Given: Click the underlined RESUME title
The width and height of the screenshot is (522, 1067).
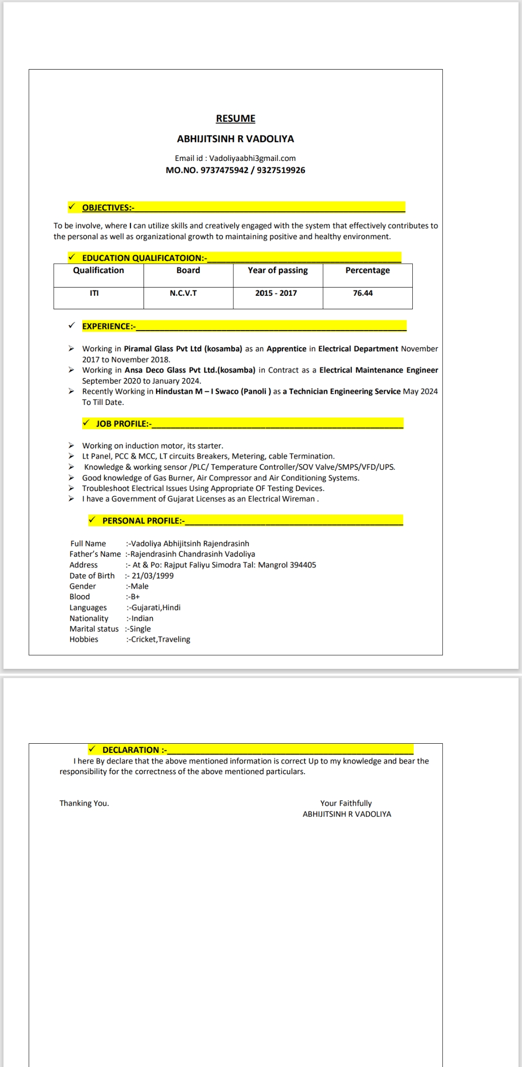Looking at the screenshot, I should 235,118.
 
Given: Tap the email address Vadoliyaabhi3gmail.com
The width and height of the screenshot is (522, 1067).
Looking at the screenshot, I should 252,158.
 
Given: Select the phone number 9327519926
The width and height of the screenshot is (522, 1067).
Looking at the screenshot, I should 281,170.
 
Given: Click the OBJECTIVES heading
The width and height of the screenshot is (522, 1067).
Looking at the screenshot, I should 108,208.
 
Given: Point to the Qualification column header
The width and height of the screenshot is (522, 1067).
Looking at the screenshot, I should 99,271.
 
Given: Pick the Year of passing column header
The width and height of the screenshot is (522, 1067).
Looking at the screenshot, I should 277,271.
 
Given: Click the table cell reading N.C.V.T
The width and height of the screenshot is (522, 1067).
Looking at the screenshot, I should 183,293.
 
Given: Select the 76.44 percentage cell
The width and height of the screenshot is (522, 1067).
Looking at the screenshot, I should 362,293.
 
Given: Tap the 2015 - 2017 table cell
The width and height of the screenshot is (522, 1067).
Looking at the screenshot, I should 276,293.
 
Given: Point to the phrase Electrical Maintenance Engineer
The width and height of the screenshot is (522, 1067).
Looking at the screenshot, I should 378,370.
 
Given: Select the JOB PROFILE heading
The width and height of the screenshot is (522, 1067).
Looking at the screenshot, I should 123,424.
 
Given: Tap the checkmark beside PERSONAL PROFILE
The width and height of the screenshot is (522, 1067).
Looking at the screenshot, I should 92,520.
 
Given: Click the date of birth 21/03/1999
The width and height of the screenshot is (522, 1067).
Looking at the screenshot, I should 152,576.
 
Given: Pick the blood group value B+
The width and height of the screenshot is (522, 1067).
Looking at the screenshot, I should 135,597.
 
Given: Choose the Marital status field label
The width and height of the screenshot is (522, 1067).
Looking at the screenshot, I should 94,629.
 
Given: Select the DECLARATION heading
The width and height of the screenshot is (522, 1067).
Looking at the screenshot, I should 134,750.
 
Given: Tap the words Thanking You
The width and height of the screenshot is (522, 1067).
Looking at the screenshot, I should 84,803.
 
